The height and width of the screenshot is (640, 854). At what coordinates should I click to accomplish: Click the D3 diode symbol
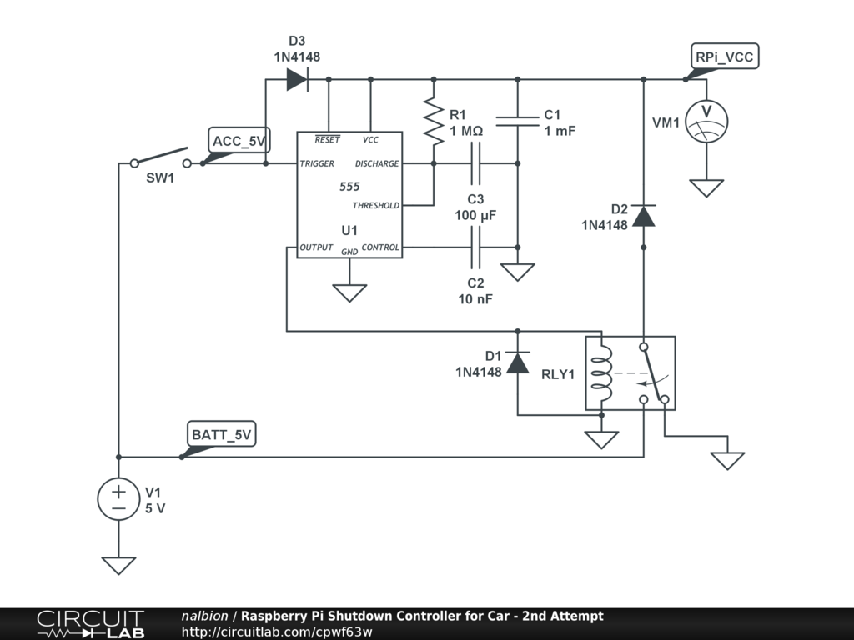tap(298, 80)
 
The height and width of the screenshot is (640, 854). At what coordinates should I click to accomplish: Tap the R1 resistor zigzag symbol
tap(434, 122)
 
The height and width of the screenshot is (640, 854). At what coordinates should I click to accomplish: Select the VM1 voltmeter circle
tap(706, 122)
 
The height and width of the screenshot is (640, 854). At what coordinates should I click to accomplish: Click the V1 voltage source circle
tap(118, 499)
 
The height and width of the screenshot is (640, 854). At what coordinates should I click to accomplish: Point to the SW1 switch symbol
tap(161, 157)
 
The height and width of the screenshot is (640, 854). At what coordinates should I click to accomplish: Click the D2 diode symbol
tap(643, 216)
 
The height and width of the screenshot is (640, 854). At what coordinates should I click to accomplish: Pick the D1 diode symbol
tap(517, 362)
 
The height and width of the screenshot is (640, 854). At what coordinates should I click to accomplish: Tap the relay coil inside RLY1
tap(601, 373)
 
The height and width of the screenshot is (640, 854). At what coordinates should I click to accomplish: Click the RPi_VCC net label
tap(725, 57)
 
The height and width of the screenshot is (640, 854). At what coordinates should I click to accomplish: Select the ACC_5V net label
tap(239, 141)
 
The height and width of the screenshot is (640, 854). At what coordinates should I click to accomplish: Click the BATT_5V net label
tap(221, 434)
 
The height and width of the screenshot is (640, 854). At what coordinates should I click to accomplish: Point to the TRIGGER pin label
tap(317, 163)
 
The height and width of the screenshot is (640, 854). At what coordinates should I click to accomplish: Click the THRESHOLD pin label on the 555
tap(376, 205)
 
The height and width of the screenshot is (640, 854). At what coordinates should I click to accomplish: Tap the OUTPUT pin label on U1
tap(316, 247)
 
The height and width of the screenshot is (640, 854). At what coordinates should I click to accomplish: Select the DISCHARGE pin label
tap(377, 163)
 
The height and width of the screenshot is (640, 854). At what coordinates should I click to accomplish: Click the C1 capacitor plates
tap(517, 122)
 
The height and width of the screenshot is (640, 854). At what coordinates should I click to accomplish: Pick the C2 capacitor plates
tap(475, 247)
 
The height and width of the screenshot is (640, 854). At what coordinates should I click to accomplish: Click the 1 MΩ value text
tap(466, 131)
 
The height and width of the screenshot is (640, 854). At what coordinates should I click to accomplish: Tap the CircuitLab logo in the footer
tap(90, 624)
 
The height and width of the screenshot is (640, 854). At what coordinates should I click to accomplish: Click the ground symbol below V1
tap(118, 566)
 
